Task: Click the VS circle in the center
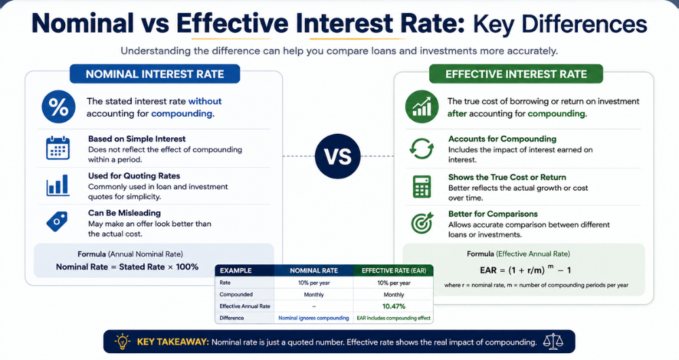click(x=337, y=156)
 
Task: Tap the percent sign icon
click(x=58, y=107)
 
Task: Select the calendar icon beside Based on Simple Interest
click(x=58, y=148)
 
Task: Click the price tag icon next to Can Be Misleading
click(x=57, y=221)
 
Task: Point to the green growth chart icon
click(x=422, y=107)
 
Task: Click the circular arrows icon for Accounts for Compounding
click(x=422, y=149)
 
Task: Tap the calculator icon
click(x=422, y=186)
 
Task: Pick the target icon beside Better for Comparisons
click(x=422, y=223)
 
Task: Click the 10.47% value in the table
click(x=394, y=306)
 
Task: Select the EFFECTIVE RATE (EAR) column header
click(x=394, y=271)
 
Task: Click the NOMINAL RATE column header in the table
click(x=314, y=271)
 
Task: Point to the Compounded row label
click(x=236, y=295)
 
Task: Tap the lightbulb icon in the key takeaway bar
click(x=122, y=342)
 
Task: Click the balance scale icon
click(x=553, y=342)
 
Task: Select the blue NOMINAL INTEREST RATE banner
click(x=155, y=74)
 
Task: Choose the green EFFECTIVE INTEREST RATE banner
click(x=516, y=74)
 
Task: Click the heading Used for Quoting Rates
click(x=134, y=176)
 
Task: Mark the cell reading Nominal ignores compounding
click(x=314, y=318)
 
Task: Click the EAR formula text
click(x=526, y=270)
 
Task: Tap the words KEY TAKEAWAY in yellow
click(x=172, y=342)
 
